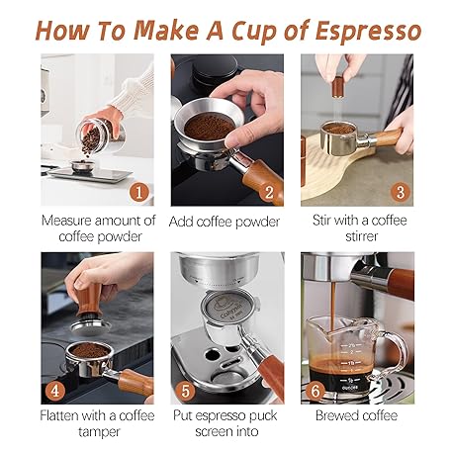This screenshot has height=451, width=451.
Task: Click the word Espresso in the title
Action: [x=368, y=32]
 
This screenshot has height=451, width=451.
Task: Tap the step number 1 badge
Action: [x=139, y=192]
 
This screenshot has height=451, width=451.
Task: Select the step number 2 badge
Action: [x=269, y=192]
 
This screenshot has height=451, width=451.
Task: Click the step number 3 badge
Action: [x=401, y=192]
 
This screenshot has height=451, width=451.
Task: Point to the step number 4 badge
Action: [x=54, y=391]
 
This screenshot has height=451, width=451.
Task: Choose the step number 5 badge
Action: [x=186, y=391]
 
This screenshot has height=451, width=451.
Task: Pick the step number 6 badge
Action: [x=316, y=391]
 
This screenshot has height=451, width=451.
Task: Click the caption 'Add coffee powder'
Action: [x=225, y=222]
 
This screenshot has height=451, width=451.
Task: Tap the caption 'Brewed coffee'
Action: [x=356, y=415]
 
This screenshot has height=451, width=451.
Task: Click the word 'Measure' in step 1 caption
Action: [x=66, y=221]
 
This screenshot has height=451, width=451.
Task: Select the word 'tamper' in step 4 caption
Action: [x=99, y=432]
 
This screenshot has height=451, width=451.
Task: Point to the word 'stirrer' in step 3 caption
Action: [x=361, y=236]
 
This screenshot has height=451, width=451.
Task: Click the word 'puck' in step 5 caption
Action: [x=263, y=416]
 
